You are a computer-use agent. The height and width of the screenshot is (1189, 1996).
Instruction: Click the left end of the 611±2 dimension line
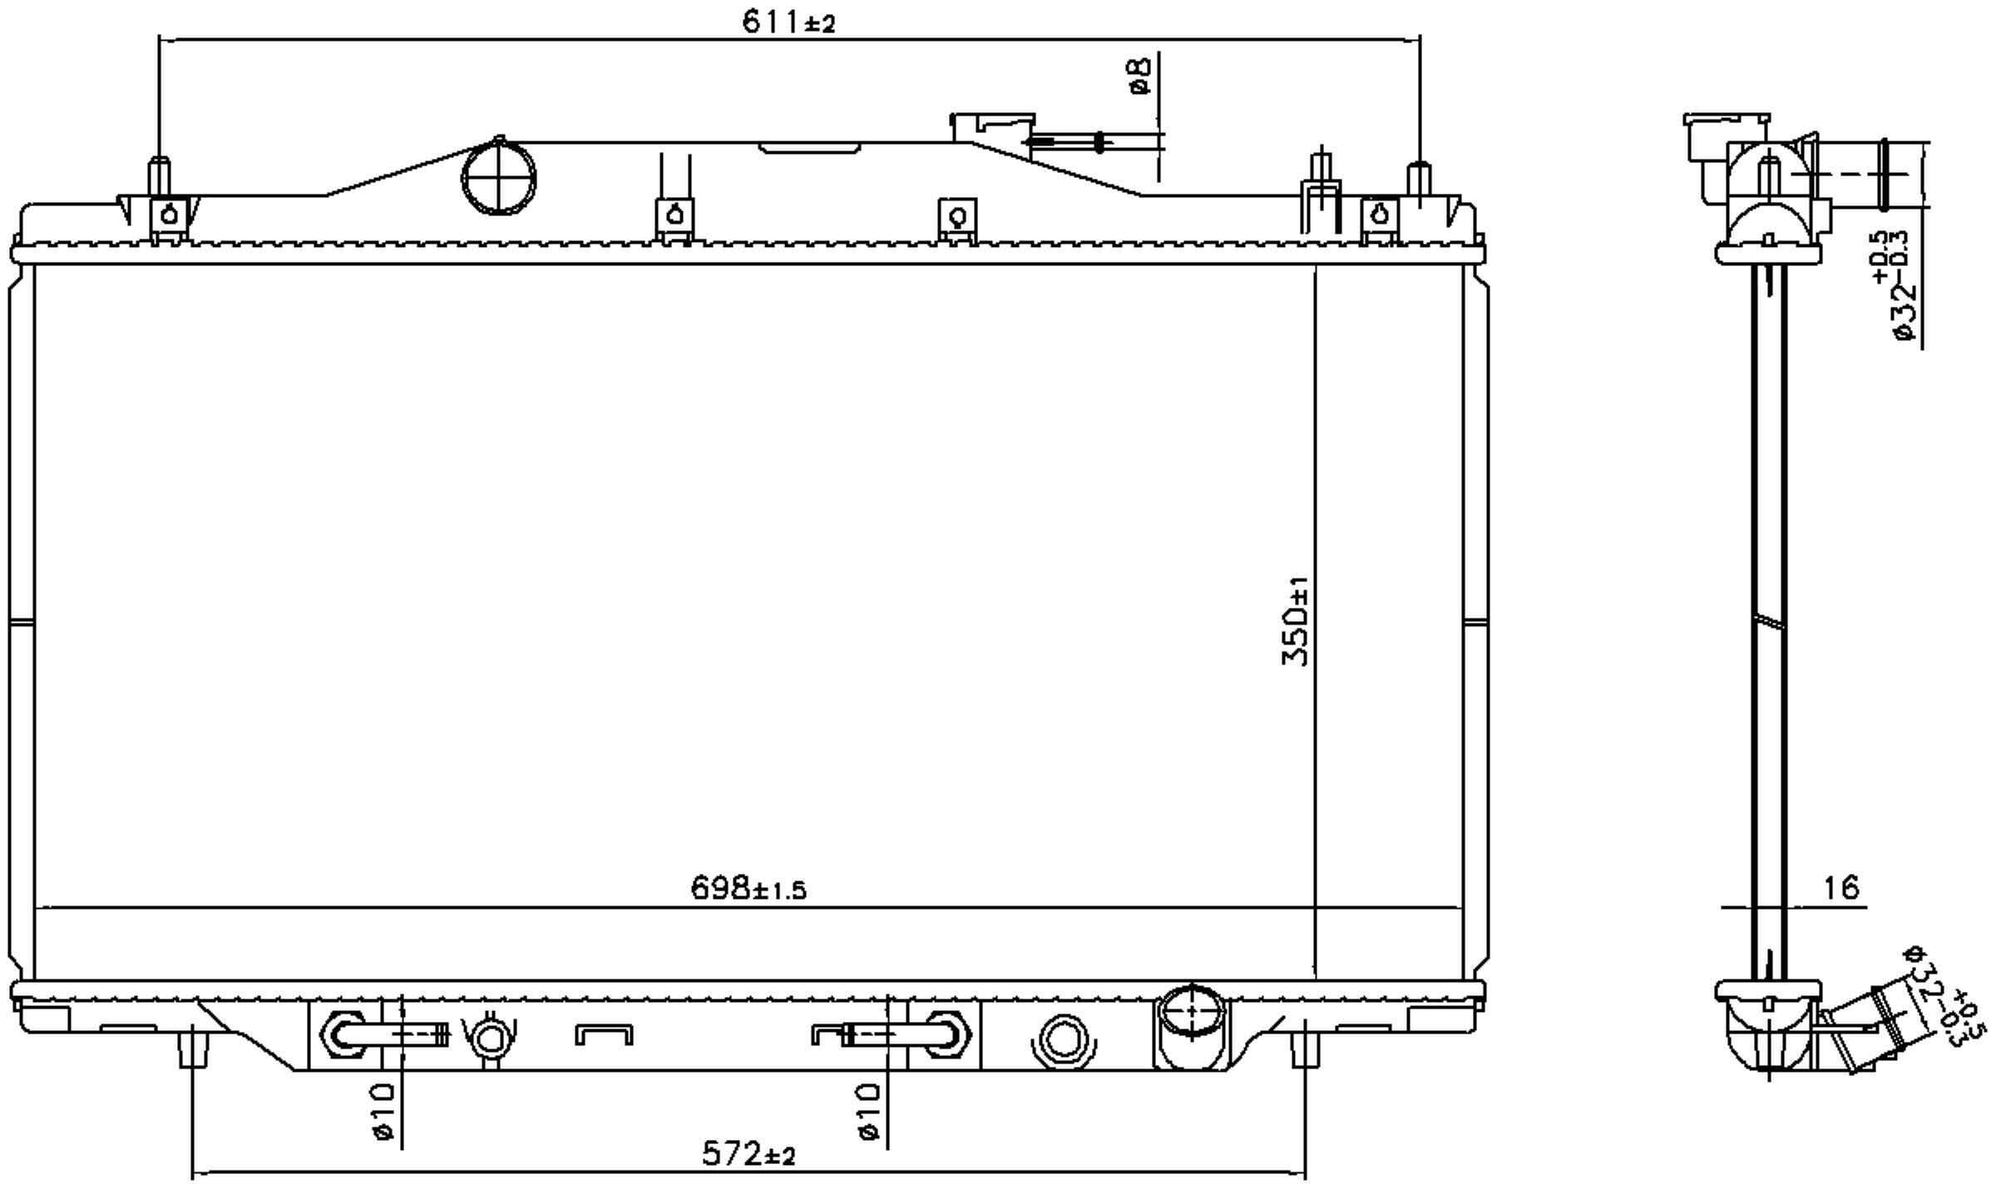[x=158, y=38]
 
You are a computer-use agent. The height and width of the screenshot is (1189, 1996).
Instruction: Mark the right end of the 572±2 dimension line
[x=1305, y=1174]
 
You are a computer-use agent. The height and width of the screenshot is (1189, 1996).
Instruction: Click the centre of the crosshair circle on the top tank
[x=498, y=178]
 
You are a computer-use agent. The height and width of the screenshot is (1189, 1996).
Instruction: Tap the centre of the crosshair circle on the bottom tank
[x=1192, y=1011]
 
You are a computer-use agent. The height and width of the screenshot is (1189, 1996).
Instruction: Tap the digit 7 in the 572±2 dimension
[x=734, y=1154]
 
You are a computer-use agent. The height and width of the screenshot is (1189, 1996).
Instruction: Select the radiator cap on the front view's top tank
[x=992, y=131]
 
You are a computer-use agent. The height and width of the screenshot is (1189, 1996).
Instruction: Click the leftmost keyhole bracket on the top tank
[x=170, y=220]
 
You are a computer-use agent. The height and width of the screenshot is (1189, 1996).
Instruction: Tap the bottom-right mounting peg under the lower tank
[x=1303, y=1048]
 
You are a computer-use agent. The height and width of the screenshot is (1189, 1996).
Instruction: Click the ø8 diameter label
[x=1140, y=76]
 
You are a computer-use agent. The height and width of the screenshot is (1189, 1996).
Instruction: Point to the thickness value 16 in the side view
[x=1840, y=888]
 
